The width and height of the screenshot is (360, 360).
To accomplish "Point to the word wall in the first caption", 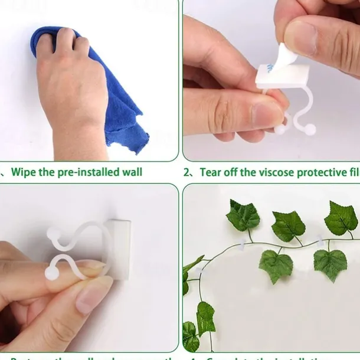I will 131,172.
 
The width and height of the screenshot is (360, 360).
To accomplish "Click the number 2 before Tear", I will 186,172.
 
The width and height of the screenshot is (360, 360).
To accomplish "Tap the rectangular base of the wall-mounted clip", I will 120,248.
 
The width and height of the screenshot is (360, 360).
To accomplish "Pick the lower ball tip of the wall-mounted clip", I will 53,273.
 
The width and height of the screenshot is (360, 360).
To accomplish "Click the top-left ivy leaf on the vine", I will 243,215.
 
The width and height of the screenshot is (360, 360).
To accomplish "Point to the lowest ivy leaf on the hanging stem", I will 190,336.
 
